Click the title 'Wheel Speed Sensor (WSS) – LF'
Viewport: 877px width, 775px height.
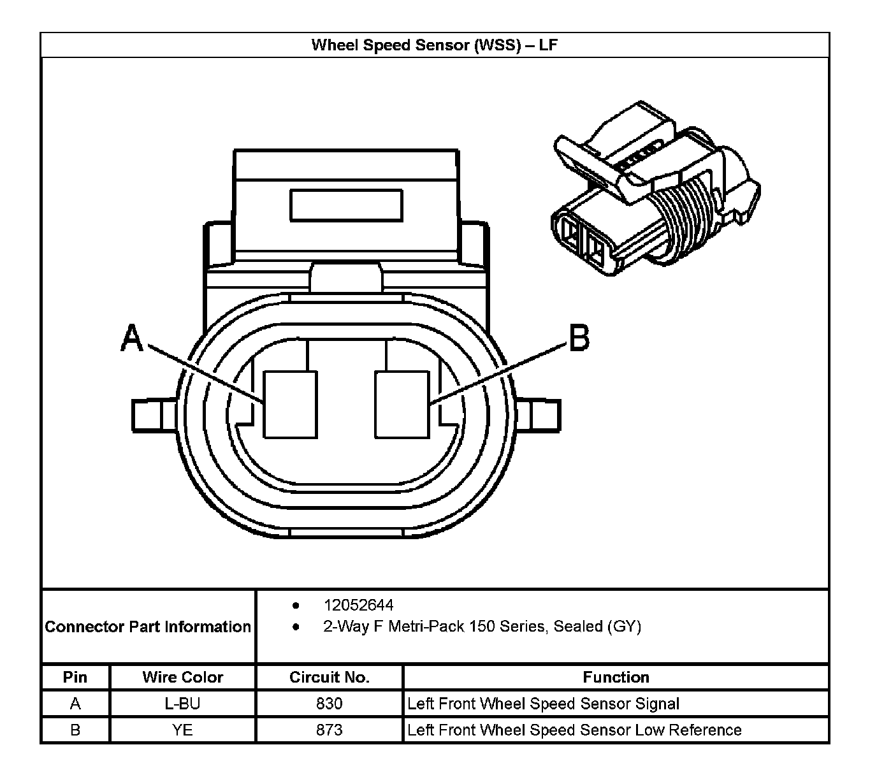click(x=435, y=45)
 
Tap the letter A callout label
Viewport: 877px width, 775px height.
click(x=132, y=338)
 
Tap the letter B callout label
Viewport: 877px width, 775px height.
click(x=579, y=338)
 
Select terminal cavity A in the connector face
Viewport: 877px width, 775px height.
click(x=291, y=405)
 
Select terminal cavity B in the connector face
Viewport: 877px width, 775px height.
click(x=402, y=405)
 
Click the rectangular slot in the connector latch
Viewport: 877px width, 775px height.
click(x=346, y=205)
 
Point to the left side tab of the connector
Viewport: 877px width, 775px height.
click(x=153, y=415)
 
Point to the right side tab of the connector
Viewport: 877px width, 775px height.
click(x=539, y=415)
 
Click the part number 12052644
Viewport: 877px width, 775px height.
click(x=358, y=605)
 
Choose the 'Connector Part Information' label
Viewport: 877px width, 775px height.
click(x=148, y=627)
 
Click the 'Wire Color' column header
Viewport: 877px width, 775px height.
click(x=182, y=677)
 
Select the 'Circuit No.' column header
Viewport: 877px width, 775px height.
click(x=329, y=677)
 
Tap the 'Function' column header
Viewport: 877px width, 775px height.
click(x=616, y=677)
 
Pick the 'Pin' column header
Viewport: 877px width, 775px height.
click(x=75, y=677)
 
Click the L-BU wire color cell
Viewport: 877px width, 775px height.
click(x=182, y=704)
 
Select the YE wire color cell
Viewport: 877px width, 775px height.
click(x=182, y=730)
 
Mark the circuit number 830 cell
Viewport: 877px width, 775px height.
click(x=329, y=704)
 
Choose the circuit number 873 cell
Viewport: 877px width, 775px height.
click(x=329, y=730)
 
